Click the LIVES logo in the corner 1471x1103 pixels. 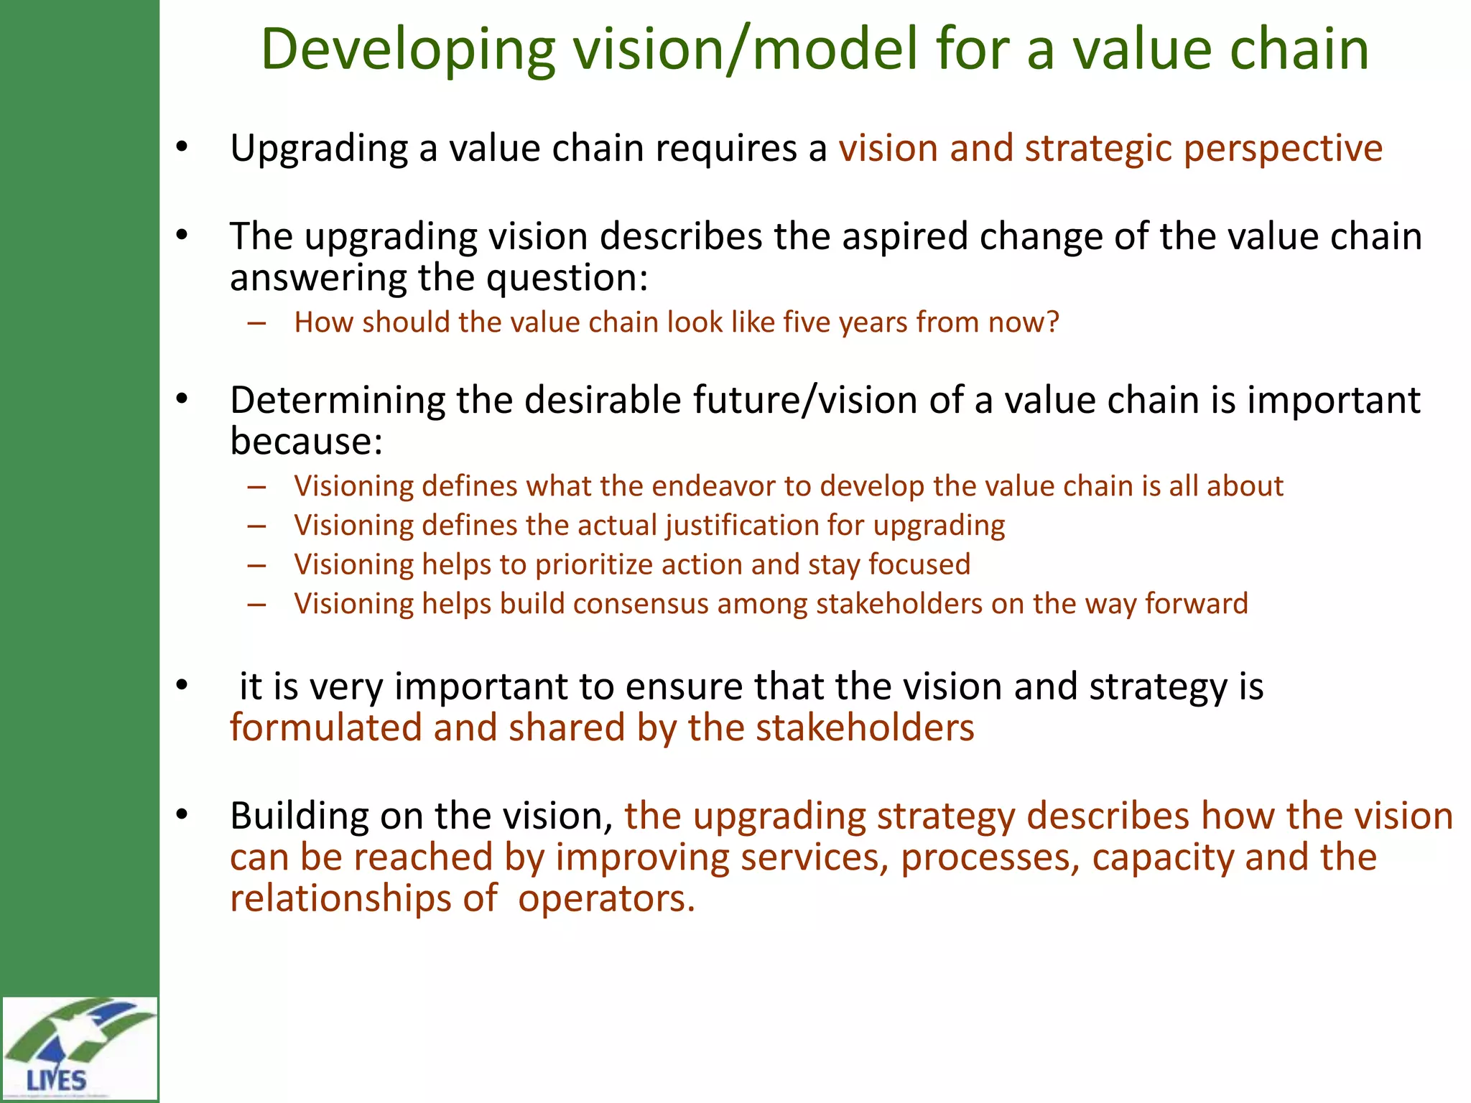pyautogui.click(x=79, y=1048)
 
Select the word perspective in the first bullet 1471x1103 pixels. pyautogui.click(x=1283, y=149)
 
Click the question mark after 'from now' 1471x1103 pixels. pyautogui.click(x=1052, y=322)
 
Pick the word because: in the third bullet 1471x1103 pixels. pyautogui.click(x=306, y=441)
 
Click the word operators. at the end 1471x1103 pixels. pyautogui.click(x=606, y=899)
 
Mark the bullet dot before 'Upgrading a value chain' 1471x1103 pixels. pyautogui.click(x=182, y=147)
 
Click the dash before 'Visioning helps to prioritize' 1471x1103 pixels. pyautogui.click(x=256, y=565)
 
